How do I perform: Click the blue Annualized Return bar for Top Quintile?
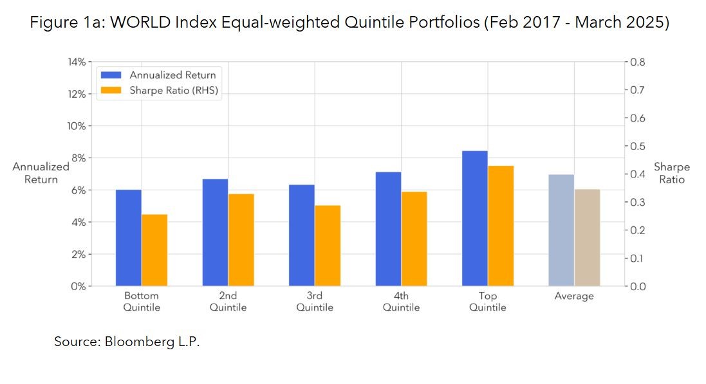pos(474,219)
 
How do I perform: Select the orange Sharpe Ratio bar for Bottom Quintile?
pos(154,250)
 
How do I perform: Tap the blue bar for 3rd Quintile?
pos(302,235)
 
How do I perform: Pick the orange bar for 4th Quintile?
pos(414,239)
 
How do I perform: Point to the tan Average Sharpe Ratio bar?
pos(587,237)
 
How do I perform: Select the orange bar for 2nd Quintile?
pos(241,240)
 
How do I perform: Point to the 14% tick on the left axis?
pos(77,62)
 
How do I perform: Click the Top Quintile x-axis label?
pos(487,302)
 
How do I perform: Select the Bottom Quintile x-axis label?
pos(142,302)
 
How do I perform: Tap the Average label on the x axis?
pos(574,297)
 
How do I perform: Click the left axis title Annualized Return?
pos(41,173)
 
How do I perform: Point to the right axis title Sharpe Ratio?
pos(671,173)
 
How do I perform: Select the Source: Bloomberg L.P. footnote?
pos(127,342)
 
